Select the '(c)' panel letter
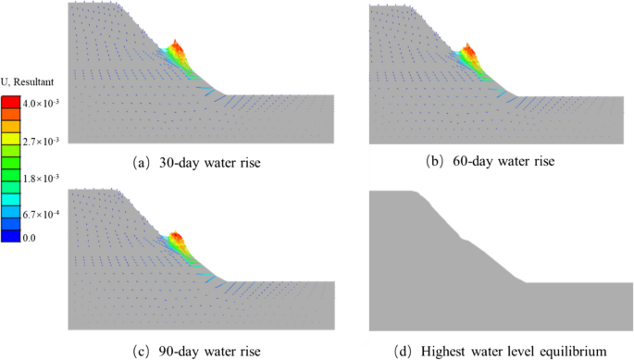(141, 351)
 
